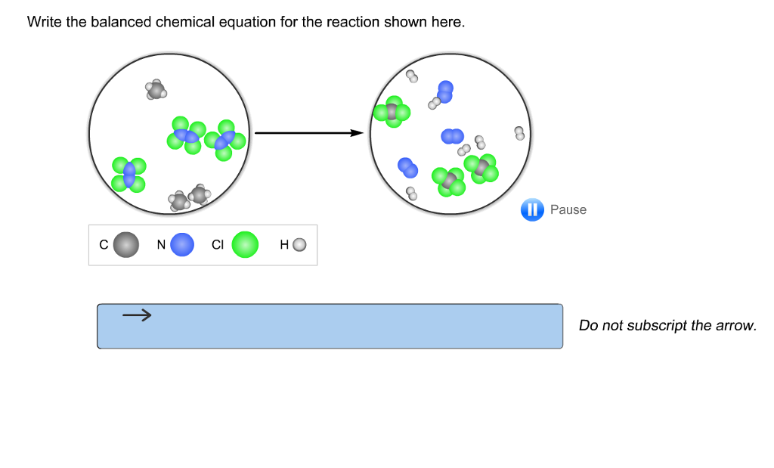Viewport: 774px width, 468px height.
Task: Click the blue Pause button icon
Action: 532,210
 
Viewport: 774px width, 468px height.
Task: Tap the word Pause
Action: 568,210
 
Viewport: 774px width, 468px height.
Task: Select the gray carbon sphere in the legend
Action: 126,245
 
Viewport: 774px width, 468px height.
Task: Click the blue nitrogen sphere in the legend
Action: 182,245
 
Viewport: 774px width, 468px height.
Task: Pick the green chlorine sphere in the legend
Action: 245,245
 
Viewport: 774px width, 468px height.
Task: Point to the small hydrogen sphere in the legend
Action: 299,245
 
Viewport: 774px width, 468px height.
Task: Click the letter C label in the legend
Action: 104,245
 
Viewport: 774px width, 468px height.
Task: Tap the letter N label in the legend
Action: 161,245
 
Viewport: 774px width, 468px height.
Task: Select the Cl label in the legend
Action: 218,245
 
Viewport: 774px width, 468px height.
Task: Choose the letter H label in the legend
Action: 284,245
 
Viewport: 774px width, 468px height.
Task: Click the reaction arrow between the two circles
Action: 309,133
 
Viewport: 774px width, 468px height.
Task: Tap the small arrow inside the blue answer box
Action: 137,315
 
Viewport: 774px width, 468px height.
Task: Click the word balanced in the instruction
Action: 122,23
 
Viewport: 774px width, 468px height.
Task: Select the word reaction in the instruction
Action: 353,23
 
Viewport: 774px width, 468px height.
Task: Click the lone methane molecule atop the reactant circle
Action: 156,90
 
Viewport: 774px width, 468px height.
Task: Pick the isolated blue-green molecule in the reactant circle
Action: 128,174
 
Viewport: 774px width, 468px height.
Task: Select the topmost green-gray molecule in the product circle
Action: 392,112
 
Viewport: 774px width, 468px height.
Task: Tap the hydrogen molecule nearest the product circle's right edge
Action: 519,133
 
